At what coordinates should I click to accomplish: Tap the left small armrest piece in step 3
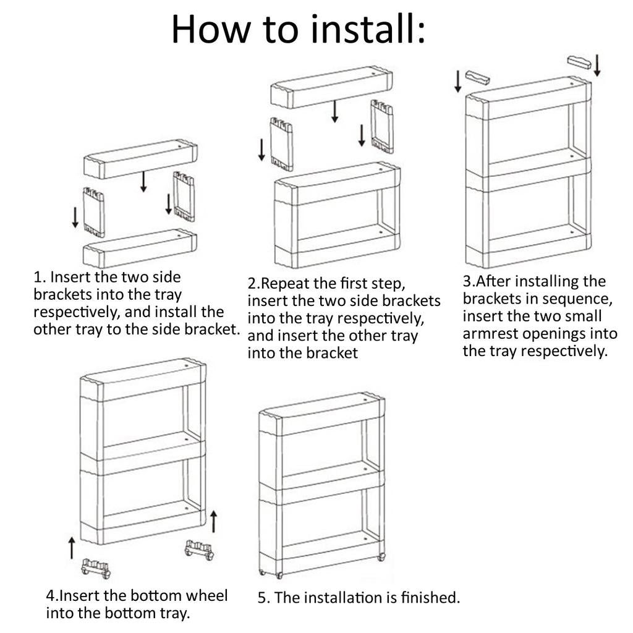coord(478,77)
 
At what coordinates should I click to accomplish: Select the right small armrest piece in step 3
coord(579,62)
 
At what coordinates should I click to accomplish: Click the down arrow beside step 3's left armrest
coord(457,81)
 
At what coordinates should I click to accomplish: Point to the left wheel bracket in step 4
coord(96,569)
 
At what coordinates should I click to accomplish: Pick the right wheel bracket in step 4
coord(199,550)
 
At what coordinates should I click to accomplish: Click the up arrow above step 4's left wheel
coord(72,548)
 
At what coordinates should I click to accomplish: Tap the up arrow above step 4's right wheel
coord(213,521)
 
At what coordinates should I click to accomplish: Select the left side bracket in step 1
coord(94,213)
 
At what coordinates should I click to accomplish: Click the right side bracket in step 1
coord(184,197)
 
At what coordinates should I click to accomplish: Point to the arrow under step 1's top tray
coord(143,182)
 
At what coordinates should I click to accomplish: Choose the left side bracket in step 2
coord(281,145)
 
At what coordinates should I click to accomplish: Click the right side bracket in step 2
coord(382,127)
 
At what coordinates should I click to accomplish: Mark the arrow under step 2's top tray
coord(334,111)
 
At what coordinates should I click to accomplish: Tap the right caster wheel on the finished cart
coord(381,557)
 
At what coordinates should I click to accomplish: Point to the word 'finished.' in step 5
coord(430,598)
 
